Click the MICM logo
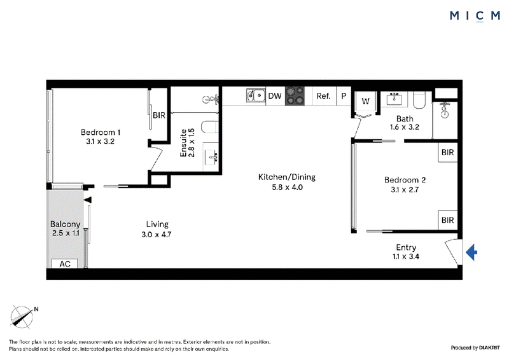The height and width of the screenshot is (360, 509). [x=475, y=15]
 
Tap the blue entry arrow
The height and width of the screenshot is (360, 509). [x=471, y=253]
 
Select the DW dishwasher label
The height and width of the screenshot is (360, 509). [x=275, y=96]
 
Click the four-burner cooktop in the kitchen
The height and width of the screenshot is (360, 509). [x=295, y=96]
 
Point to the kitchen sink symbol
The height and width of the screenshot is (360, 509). [x=256, y=96]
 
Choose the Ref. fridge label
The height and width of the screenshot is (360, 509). [x=323, y=96]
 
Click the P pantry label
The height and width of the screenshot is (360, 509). [x=344, y=96]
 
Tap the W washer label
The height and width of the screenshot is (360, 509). [x=365, y=101]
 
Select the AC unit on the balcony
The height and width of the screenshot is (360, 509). [x=65, y=263]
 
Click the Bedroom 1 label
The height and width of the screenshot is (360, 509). [x=101, y=132]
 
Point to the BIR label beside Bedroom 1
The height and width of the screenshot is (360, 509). [x=159, y=115]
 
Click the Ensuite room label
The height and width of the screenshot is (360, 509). [x=183, y=143]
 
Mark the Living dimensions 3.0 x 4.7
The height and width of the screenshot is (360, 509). [x=157, y=234]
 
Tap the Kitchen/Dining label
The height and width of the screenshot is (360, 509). [x=287, y=177]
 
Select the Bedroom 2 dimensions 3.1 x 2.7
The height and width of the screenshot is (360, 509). [x=405, y=190]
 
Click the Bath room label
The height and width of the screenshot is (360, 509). [x=405, y=118]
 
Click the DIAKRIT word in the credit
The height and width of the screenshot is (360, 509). [x=489, y=348]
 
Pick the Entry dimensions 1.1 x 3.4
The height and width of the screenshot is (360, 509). [x=406, y=256]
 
